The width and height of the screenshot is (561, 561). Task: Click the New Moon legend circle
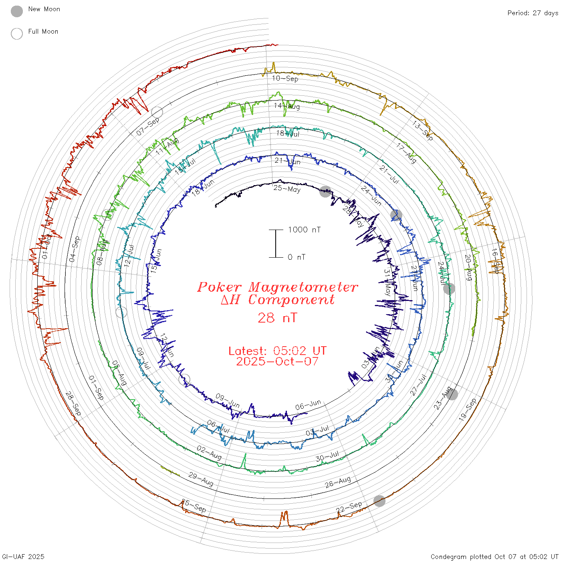tap(17, 11)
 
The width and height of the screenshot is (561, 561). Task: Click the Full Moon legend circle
tap(17, 34)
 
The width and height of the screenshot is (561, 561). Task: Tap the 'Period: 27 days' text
tap(533, 13)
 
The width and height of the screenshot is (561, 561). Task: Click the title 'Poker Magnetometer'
tap(278, 287)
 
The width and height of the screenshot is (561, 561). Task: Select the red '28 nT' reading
tap(277, 318)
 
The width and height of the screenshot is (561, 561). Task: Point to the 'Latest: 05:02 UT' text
tap(277, 351)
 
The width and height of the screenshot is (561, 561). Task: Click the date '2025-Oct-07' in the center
tap(277, 361)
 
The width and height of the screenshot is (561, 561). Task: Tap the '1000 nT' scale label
tap(305, 230)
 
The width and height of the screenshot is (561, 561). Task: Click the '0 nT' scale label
tap(297, 257)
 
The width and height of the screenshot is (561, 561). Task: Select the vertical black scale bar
tap(276, 243)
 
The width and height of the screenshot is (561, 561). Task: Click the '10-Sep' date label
tap(285, 78)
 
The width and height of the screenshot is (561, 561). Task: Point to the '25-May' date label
tap(287, 188)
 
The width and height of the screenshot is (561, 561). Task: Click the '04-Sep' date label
tap(75, 249)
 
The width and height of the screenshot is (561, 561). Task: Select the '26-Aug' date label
tap(338, 482)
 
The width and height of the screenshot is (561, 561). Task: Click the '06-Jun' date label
tap(308, 405)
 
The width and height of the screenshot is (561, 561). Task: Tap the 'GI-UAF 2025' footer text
tap(23, 557)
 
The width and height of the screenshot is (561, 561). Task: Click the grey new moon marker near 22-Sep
tap(379, 500)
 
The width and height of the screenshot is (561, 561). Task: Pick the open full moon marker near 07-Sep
tap(157, 113)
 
